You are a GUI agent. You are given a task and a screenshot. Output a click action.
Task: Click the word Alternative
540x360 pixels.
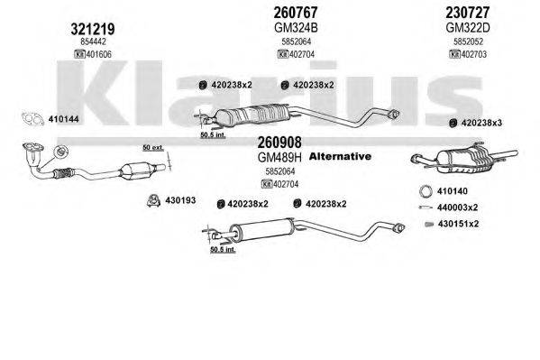(340, 157)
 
